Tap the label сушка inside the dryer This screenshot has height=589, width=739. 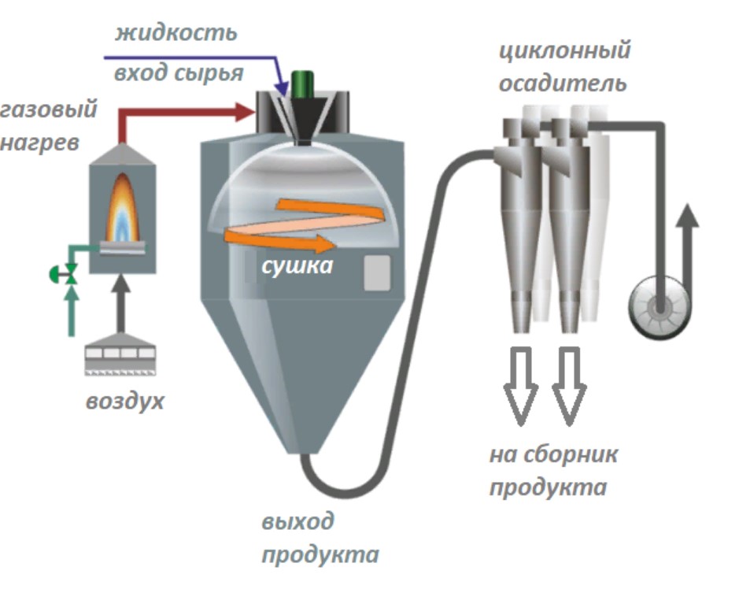[x=297, y=265]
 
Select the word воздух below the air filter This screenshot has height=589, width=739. [x=125, y=401]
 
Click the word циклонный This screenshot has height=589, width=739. [x=564, y=52]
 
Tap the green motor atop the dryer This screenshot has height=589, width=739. [x=302, y=83]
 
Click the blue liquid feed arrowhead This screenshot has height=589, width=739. [x=281, y=86]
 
